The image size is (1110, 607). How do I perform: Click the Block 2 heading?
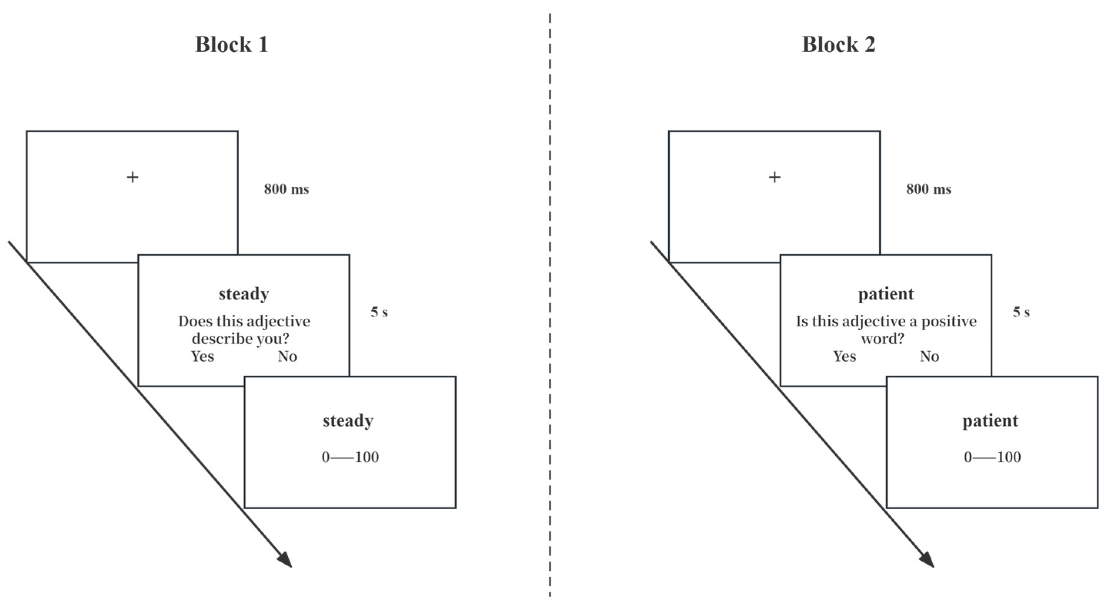[838, 45]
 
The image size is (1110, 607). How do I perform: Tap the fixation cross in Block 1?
[133, 177]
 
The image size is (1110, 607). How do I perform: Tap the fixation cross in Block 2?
[774, 177]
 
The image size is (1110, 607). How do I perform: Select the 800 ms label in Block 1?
[286, 189]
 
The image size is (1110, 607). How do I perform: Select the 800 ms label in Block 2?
[928, 189]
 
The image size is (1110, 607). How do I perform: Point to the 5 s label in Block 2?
[1021, 312]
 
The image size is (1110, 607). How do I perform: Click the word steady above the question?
[244, 294]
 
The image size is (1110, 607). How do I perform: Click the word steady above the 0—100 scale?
[348, 421]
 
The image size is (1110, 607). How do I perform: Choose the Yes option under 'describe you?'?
[202, 356]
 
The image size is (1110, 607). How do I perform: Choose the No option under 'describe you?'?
[287, 356]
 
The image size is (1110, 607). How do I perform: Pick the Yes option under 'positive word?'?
[845, 356]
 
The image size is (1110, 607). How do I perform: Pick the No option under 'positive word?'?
[929, 356]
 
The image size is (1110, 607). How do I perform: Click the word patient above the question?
[886, 294]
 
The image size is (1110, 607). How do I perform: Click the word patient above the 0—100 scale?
[990, 421]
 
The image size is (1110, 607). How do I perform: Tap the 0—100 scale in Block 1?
[350, 457]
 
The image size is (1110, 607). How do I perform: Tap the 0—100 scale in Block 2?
[992, 457]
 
